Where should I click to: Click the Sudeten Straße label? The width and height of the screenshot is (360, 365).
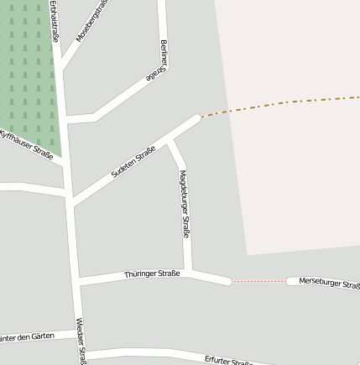[x=133, y=161]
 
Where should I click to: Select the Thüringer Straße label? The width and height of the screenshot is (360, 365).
[x=152, y=274]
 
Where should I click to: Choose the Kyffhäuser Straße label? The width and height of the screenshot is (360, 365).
[x=27, y=143]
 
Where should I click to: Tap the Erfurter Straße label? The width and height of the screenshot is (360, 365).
[x=228, y=361]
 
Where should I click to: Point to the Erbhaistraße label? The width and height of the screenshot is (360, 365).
[x=55, y=21]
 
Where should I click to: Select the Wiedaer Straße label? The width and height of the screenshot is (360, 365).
[x=81, y=341]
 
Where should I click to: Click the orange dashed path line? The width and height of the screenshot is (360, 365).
[x=277, y=104]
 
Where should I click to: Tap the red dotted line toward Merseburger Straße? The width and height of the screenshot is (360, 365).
[x=258, y=281]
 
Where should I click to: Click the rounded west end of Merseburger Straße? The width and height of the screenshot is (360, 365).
[x=290, y=281]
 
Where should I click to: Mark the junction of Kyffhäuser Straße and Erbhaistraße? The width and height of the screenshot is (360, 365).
[x=62, y=162]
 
